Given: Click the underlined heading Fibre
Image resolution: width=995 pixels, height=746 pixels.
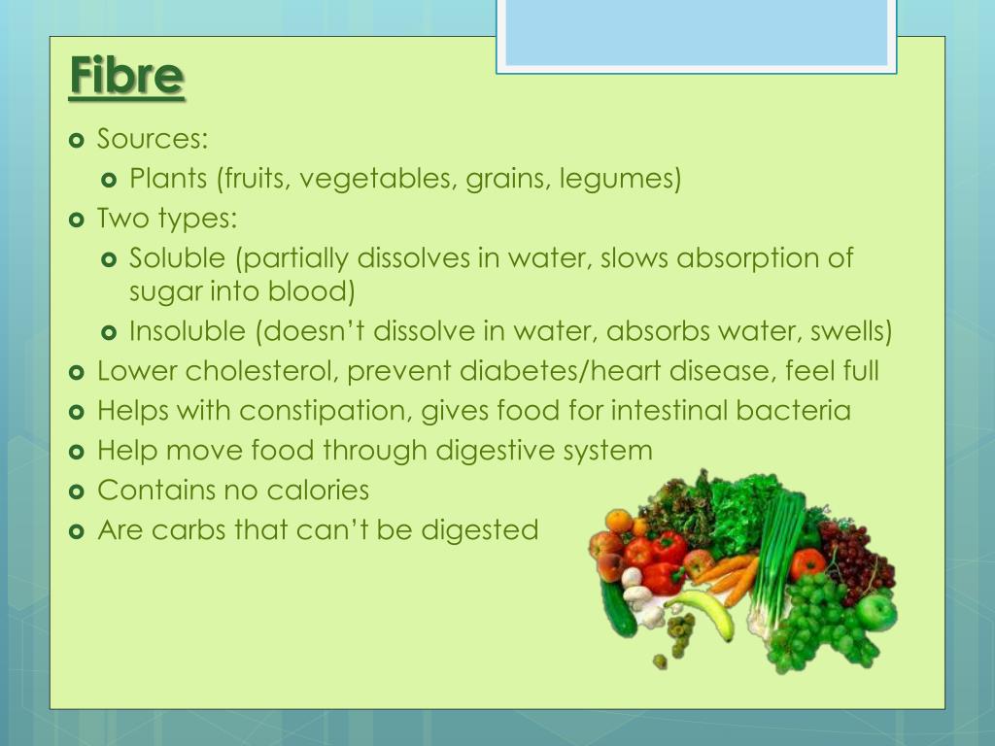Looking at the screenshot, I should pyautogui.click(x=126, y=79).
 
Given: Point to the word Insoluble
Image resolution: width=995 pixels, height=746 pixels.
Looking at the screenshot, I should pyautogui.click(x=188, y=331).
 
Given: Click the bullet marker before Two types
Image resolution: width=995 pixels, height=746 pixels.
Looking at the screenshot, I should pyautogui.click(x=78, y=220).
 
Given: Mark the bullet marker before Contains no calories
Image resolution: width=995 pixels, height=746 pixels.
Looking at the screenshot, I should pyautogui.click(x=78, y=491).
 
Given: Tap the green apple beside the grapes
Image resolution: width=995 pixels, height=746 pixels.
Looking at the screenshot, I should pyautogui.click(x=876, y=612).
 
